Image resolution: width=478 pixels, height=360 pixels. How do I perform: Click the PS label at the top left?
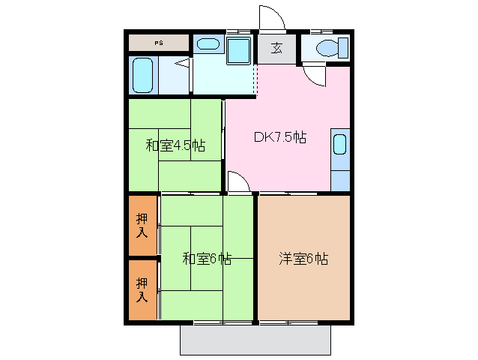click(159, 43)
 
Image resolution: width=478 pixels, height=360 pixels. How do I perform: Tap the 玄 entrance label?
click(276, 49)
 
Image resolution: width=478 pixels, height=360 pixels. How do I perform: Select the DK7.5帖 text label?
click(279, 137)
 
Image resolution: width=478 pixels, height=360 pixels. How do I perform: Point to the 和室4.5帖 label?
click(175, 145)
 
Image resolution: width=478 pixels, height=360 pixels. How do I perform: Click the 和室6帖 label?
click(207, 259)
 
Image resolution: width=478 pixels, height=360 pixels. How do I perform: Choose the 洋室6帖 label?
click(303, 259)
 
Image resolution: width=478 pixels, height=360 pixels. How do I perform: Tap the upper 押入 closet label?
click(142, 225)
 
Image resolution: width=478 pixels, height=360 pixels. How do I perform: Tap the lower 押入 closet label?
click(142, 289)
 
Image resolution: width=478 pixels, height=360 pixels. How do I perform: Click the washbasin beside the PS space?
click(206, 43)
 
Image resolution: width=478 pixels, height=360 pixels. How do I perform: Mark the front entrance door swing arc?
click(271, 18)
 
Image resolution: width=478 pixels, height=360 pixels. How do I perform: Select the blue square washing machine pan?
click(240, 52)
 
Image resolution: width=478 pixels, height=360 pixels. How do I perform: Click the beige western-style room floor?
click(303, 285)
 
